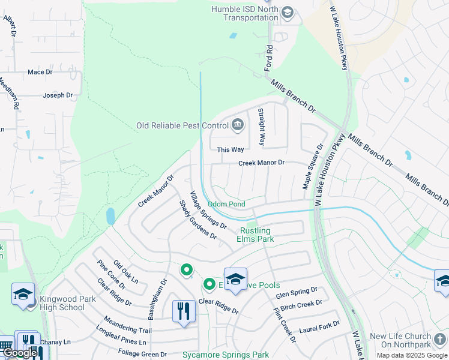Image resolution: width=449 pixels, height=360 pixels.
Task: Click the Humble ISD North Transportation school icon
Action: pyautogui.click(x=288, y=13)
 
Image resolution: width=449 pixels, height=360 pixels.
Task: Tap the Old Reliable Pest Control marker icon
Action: pyautogui.click(x=238, y=125)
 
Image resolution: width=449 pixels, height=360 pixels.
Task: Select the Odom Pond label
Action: pyautogui.click(x=226, y=204)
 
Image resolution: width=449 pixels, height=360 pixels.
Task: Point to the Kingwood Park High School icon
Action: pyautogui.click(x=23, y=294)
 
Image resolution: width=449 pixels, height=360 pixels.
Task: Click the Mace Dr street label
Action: pyautogui.click(x=40, y=72)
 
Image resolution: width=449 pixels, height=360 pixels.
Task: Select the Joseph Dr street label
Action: pyautogui.click(x=58, y=95)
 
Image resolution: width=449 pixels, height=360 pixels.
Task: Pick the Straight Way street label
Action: pyautogui.click(x=261, y=127)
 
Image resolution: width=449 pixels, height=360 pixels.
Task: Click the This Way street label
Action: pyautogui.click(x=231, y=149)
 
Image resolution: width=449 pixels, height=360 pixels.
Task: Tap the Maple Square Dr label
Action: pyautogui.click(x=313, y=166)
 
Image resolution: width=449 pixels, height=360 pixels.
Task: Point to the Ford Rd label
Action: pyautogui.click(x=270, y=56)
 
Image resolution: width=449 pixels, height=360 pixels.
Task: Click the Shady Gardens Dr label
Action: pyautogui.click(x=197, y=220)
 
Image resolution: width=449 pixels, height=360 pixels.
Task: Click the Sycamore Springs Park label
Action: pyautogui.click(x=226, y=355)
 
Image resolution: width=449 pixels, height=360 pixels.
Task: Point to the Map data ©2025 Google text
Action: pyautogui.click(x=411, y=355)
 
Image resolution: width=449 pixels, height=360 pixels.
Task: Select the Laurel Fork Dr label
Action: pyautogui.click(x=319, y=328)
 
